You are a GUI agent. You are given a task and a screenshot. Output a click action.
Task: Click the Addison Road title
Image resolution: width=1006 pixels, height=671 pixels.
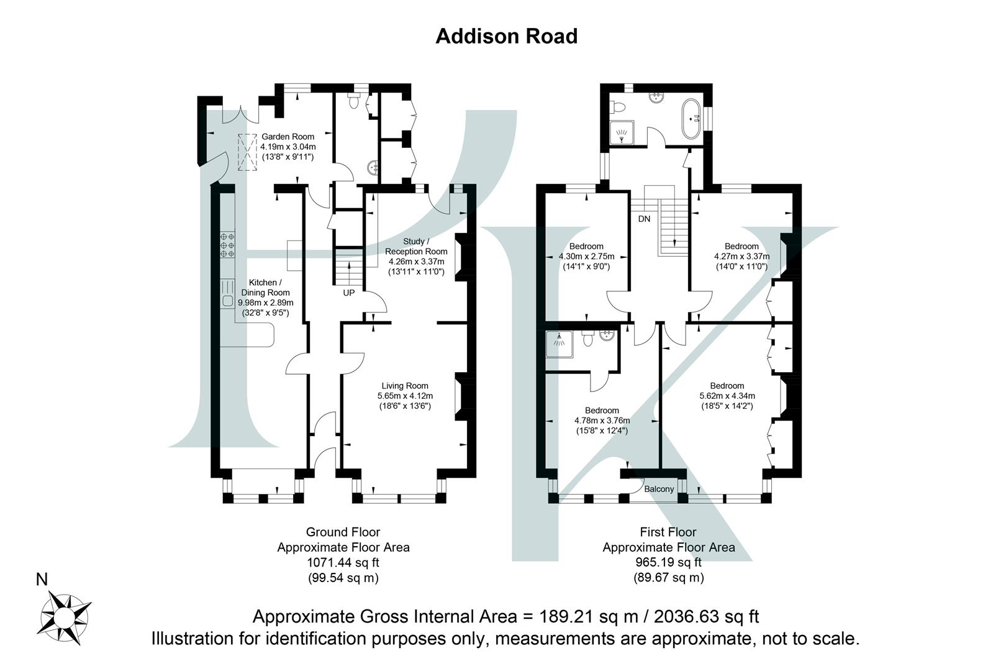pyautogui.click(x=506, y=36)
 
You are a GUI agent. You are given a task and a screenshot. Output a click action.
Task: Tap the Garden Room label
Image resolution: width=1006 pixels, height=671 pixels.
pyautogui.click(x=288, y=137)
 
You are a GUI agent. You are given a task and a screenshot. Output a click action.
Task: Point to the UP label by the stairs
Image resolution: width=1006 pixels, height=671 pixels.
pyautogui.click(x=349, y=292)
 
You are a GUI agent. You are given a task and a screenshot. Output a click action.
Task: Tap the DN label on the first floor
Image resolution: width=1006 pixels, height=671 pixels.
pyautogui.click(x=644, y=219)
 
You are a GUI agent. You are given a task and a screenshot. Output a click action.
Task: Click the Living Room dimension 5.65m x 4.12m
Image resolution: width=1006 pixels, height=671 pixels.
pyautogui.click(x=405, y=396)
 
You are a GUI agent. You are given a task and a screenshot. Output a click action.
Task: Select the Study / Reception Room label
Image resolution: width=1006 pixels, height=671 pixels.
pyautogui.click(x=416, y=246)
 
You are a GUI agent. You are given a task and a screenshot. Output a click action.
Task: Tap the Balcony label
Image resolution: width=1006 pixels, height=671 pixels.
pyautogui.click(x=658, y=489)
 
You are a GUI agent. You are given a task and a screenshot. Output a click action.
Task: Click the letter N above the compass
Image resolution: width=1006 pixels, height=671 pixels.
pyautogui.click(x=42, y=580)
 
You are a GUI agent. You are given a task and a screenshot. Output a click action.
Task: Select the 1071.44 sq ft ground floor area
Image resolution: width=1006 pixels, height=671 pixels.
pyautogui.click(x=343, y=563)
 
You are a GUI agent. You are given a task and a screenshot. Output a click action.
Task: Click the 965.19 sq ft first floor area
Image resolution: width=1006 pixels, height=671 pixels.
pyautogui.click(x=668, y=563)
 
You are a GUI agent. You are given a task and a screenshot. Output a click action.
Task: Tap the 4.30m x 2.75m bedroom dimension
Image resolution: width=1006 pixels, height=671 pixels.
pyautogui.click(x=586, y=257)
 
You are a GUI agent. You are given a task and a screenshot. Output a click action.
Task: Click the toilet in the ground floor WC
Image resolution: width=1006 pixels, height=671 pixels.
pyautogui.click(x=354, y=101)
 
